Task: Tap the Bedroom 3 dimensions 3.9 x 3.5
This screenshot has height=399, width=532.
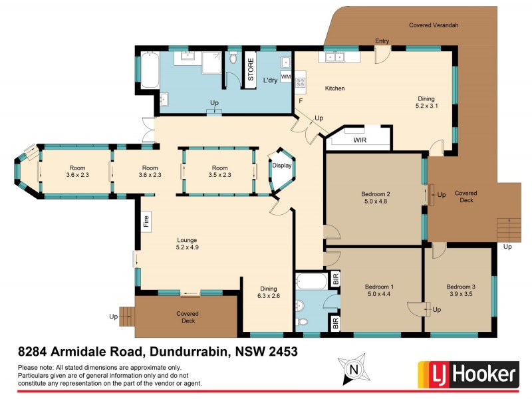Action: [x=460, y=295]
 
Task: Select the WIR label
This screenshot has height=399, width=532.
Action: [x=360, y=141]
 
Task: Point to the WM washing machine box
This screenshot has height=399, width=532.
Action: [x=285, y=78]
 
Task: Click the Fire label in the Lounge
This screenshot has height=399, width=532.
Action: [x=146, y=220]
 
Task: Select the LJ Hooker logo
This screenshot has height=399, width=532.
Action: [x=467, y=375]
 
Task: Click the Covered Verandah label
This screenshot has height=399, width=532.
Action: [x=434, y=25]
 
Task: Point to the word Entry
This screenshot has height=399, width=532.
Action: [x=382, y=41]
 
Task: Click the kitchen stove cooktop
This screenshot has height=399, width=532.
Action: [x=301, y=83]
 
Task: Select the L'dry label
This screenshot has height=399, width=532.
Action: [x=270, y=80]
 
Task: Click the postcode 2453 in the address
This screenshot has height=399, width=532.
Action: [x=281, y=350]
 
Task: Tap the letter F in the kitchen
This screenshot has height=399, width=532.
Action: [x=301, y=101]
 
